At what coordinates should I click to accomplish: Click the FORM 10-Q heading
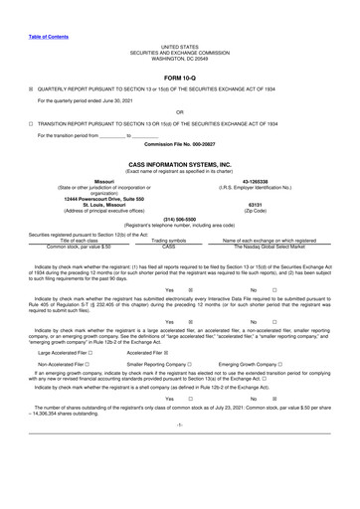coord(179,76)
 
